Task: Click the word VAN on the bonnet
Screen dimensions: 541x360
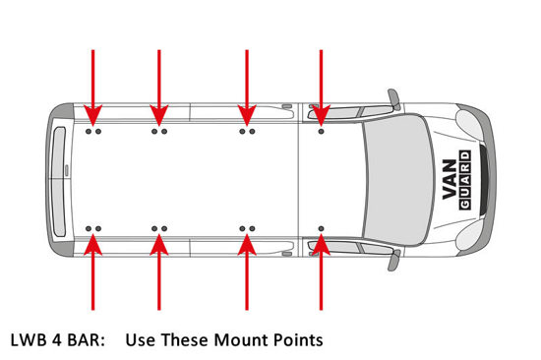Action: click(x=450, y=179)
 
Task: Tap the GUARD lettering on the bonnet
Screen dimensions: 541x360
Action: click(x=465, y=180)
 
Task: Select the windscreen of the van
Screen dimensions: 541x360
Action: click(x=397, y=179)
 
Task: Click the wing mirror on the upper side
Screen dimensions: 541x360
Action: click(x=394, y=99)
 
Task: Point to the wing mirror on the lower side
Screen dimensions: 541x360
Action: click(x=394, y=261)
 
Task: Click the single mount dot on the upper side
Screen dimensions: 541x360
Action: click(x=322, y=132)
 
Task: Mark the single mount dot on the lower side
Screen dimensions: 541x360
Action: click(x=322, y=228)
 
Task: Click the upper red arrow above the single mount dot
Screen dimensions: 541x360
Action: click(x=322, y=88)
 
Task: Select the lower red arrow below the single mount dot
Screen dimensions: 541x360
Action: click(x=322, y=272)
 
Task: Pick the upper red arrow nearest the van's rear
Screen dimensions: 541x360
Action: click(x=92, y=88)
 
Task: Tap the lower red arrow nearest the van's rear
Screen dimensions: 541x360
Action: click(x=92, y=272)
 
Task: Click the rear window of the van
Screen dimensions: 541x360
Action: click(x=59, y=182)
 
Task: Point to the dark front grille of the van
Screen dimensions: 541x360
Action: click(x=484, y=179)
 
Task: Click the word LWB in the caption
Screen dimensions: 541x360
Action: click(x=29, y=340)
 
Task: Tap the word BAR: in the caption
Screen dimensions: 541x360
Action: click(x=87, y=340)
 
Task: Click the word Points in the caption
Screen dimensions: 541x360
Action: click(x=298, y=340)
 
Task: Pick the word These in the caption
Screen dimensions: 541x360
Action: click(x=185, y=340)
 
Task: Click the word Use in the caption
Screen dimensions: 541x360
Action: click(x=140, y=340)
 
